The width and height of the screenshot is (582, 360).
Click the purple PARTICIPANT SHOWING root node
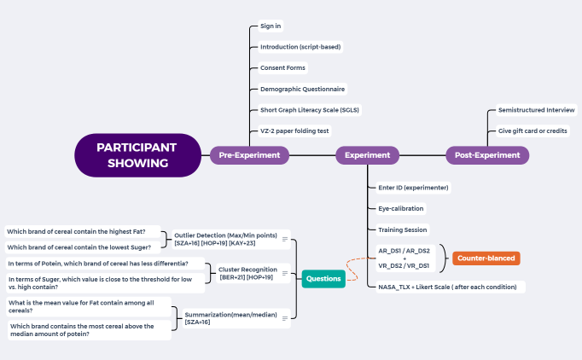[137, 155]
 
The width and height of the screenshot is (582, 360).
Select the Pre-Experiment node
[249, 155]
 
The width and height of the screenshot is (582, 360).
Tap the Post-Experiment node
[487, 155]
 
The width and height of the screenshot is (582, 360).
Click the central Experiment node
[368, 155]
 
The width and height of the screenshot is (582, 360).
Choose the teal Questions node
[323, 278]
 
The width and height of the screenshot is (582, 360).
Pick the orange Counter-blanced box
[486, 258]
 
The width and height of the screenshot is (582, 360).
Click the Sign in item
[271, 26]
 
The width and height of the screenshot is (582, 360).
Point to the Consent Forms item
[282, 67]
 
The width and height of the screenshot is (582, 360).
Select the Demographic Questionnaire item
[303, 89]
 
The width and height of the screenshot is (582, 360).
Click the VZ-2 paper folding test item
[294, 131]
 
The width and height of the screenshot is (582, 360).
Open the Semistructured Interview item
[537, 110]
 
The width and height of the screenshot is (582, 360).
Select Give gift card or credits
[533, 131]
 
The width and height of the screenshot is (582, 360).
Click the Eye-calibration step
[400, 208]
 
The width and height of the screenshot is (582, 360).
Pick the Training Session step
[402, 229]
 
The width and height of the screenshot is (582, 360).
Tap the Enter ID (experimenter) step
[413, 188]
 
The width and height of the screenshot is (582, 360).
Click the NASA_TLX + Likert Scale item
[448, 287]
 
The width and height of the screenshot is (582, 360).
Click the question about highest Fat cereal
[76, 231]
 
